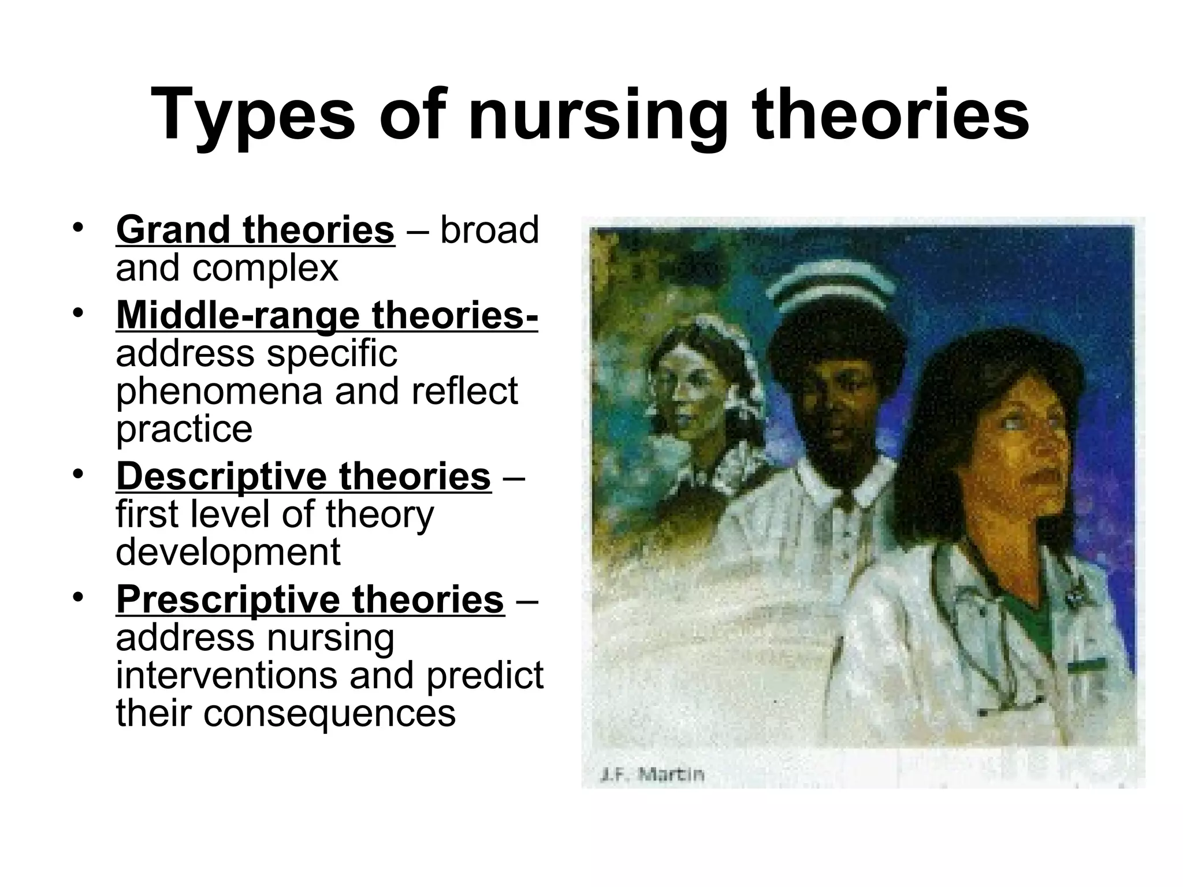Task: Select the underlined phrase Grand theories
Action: [255, 230]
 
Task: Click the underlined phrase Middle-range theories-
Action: [327, 315]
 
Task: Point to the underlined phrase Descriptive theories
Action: [303, 476]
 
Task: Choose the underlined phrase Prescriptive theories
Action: [310, 599]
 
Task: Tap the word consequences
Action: [285, 713]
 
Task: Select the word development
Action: [228, 552]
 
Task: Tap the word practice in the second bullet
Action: [184, 429]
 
